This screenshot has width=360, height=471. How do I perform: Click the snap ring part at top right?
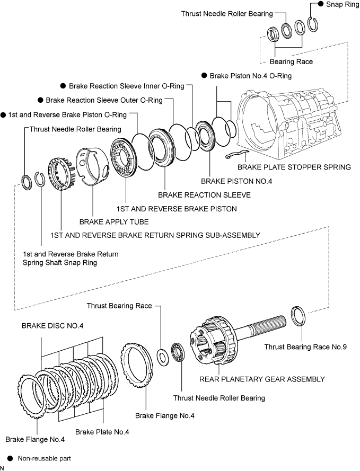tap(313, 24)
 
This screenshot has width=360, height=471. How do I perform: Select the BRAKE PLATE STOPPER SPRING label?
tap(294, 167)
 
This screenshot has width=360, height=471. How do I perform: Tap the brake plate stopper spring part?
tap(236, 154)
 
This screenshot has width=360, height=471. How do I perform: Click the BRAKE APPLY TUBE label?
tap(114, 221)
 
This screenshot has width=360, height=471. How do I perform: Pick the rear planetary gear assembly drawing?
tap(238, 339)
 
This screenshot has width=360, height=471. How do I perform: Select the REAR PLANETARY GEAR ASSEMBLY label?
tap(262, 379)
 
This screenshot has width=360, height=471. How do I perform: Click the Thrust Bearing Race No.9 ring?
tap(298, 316)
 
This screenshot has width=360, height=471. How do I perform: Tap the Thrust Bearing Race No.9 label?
tap(305, 347)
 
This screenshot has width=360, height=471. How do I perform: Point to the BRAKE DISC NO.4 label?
tap(52, 326)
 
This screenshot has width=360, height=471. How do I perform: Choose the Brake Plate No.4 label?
tap(102, 432)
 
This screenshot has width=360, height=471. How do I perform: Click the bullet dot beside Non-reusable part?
tap(10, 458)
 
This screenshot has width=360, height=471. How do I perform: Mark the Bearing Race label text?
tap(291, 61)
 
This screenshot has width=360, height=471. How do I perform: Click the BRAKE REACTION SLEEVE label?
tap(204, 195)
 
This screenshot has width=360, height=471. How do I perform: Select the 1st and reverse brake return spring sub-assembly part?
tap(62, 174)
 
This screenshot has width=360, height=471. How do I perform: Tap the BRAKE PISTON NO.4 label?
tap(236, 181)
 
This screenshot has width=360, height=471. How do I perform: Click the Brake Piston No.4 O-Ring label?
tap(251, 76)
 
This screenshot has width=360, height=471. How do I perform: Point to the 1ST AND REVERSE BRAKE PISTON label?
tap(177, 209)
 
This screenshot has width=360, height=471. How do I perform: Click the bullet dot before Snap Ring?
tap(321, 4)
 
